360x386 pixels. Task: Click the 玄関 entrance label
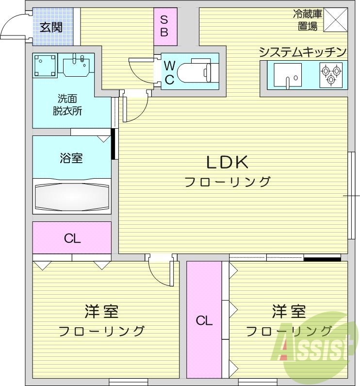pos(51,27)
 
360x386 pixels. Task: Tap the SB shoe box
pos(164,26)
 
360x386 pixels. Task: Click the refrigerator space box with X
pos(336,20)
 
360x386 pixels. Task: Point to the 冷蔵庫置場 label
pos(308,20)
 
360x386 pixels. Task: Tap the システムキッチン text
pos(303,52)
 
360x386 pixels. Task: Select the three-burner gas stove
pos(331,75)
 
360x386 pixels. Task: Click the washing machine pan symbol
pos(46,67)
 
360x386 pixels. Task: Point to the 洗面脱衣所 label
pos(67,103)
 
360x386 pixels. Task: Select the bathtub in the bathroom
pos(72,197)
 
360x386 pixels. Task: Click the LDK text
pos(228,162)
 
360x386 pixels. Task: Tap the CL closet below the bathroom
pos(72,238)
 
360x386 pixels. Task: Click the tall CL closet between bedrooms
pos(204,320)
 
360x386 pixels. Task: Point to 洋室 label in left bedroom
pos(101,310)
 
